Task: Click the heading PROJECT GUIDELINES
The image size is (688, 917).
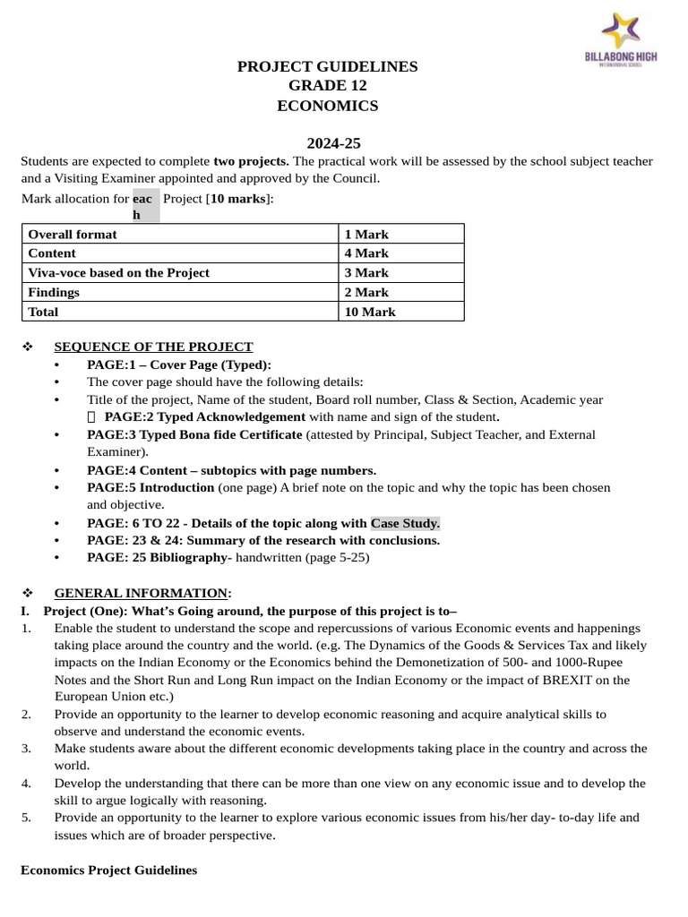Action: coord(327,67)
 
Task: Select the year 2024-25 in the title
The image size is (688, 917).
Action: coord(333,143)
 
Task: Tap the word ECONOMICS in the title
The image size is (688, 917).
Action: coord(327,107)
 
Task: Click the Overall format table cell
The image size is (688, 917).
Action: coord(73,235)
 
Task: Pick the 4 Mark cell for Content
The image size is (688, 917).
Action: coord(366,253)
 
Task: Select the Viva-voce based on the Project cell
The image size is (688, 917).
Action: coord(119,273)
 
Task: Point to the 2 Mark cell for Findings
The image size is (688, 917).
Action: coord(366,293)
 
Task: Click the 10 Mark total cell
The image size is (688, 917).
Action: coord(370,313)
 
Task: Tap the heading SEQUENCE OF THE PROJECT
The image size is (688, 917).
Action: coord(153,347)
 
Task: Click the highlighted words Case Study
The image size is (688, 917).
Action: coord(405,523)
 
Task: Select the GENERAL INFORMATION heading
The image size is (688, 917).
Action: coord(141,593)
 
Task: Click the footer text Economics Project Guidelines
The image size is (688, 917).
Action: coord(108,870)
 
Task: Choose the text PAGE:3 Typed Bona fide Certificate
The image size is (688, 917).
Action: coord(194,435)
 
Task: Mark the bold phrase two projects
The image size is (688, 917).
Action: coord(251,161)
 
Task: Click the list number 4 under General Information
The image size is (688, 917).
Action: coord(26,784)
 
